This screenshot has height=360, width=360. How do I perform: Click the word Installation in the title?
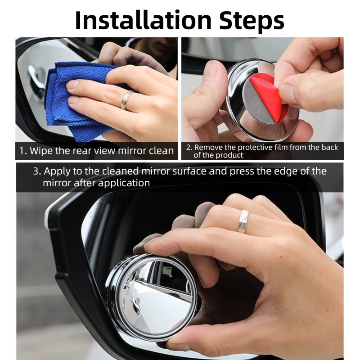(x=143, y=20)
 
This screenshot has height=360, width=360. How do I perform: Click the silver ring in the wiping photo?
(x=126, y=99)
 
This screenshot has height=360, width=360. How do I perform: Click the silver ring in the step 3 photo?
(x=243, y=221)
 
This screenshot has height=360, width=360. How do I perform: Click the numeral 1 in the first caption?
(x=22, y=151)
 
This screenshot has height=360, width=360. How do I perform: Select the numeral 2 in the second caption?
(x=189, y=147)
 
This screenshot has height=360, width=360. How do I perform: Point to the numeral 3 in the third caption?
(x=36, y=171)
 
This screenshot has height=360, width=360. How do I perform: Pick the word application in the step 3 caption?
(x=124, y=184)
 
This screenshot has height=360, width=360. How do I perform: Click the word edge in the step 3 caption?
(x=289, y=172)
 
